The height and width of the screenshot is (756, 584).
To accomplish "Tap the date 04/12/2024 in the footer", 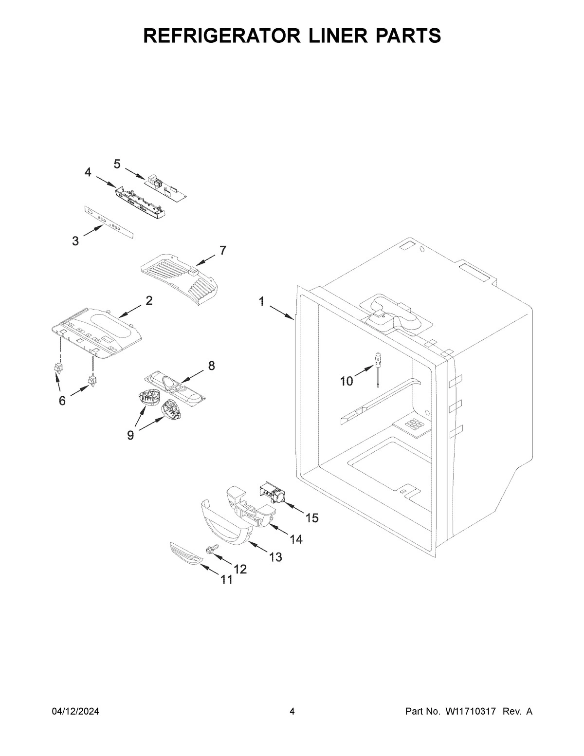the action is point(75,712).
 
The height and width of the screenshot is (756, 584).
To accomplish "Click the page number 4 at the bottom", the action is point(292,712).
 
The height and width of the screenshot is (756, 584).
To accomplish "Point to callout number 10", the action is point(347,381).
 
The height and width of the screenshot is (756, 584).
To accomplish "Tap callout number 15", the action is point(311,518).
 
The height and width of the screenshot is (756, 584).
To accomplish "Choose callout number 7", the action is point(222,250).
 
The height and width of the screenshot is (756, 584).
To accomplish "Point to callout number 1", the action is point(261,302).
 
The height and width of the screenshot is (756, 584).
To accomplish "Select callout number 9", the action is point(130,435).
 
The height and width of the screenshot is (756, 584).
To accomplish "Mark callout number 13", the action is point(275,557).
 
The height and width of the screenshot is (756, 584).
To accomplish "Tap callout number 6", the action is point(62,400).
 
